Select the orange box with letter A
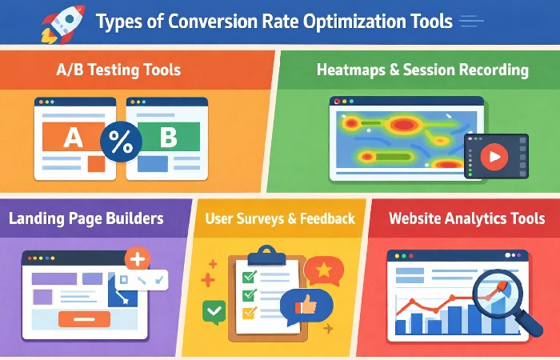click(x=73, y=137)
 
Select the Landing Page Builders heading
click(x=86, y=218)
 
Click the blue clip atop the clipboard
click(x=266, y=258)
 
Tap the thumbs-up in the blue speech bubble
click(x=307, y=305)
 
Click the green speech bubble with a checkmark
click(x=214, y=310)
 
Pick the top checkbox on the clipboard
click(x=248, y=276)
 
